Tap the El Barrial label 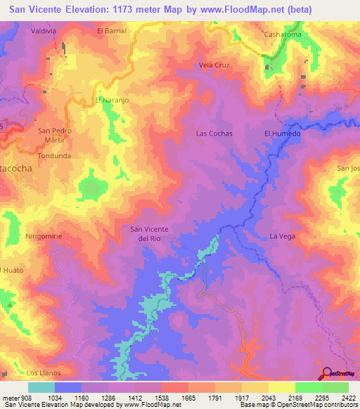point(110,31)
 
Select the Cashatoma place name point(282,34)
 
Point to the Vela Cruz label point(214,65)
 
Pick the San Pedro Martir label point(54,136)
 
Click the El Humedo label point(282,133)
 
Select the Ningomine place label point(44,237)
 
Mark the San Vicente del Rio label point(153,233)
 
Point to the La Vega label point(282,236)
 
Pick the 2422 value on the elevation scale point(348,398)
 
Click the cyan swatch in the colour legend point(41,387)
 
